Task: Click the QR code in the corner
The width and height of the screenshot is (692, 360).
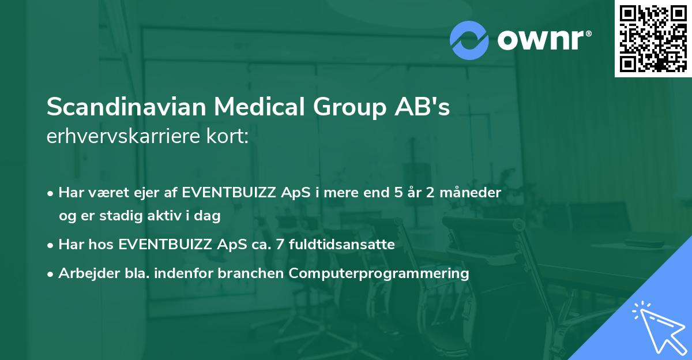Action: (x=653, y=39)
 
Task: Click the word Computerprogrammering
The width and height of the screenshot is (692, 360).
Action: (x=379, y=273)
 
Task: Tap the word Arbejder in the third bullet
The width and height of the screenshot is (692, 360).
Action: (x=84, y=273)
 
